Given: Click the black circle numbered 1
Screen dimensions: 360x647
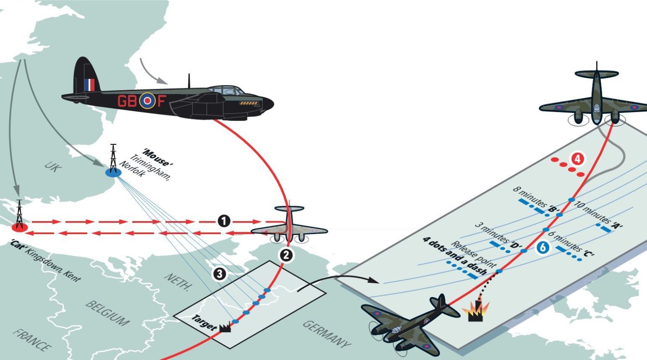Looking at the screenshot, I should (x=223, y=222).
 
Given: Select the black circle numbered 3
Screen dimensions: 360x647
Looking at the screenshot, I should (x=220, y=273).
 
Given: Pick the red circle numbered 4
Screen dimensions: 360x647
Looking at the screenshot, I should (x=578, y=159).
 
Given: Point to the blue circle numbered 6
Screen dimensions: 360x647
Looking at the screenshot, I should (x=543, y=247).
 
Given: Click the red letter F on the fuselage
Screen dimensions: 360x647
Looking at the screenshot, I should (x=160, y=101).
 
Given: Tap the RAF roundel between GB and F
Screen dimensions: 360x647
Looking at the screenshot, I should (x=147, y=101).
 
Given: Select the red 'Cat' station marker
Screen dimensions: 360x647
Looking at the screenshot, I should (x=19, y=226).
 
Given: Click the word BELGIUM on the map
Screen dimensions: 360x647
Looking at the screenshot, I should (x=107, y=313).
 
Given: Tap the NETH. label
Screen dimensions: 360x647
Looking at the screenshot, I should (x=177, y=282).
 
